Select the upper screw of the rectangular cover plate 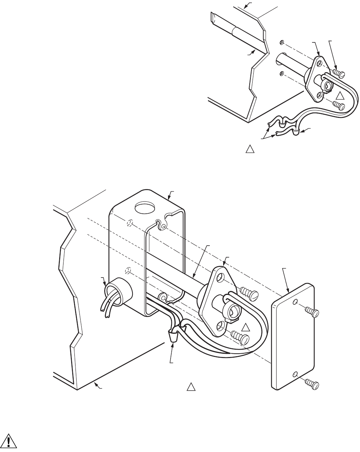click(312, 311)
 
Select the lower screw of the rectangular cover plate click(312, 383)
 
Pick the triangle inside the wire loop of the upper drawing click(340, 96)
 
